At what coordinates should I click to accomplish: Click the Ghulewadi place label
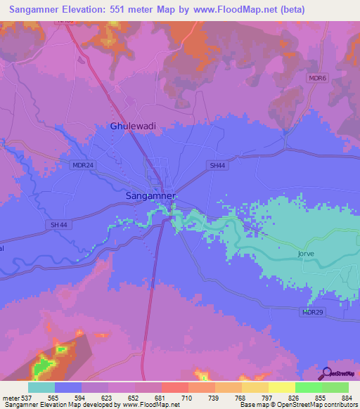[134, 126]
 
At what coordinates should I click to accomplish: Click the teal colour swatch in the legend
[41, 387]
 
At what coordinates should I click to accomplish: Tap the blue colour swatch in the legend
[68, 387]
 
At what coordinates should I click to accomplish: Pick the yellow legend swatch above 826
[281, 387]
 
